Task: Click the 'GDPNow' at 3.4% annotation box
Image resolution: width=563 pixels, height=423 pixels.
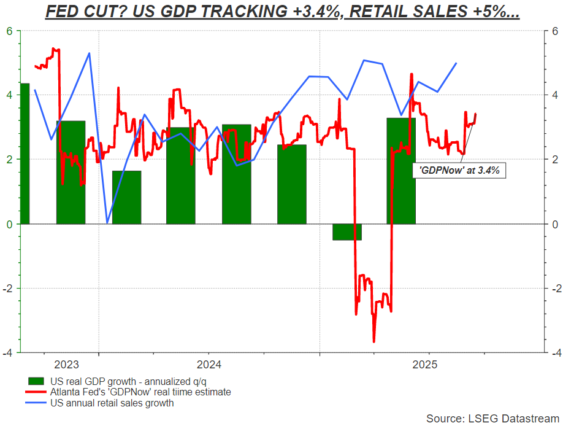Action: click(x=459, y=171)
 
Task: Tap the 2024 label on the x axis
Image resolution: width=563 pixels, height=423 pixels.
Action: click(x=208, y=365)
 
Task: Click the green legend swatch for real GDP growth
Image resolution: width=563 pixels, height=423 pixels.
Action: click(x=39, y=381)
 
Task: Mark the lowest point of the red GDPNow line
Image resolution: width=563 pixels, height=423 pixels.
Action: click(x=373, y=342)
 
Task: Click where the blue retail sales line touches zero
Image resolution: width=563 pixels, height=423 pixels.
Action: click(x=107, y=223)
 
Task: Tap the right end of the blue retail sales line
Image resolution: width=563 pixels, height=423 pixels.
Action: click(x=456, y=63)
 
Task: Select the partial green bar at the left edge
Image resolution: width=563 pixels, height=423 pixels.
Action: click(x=25, y=153)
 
